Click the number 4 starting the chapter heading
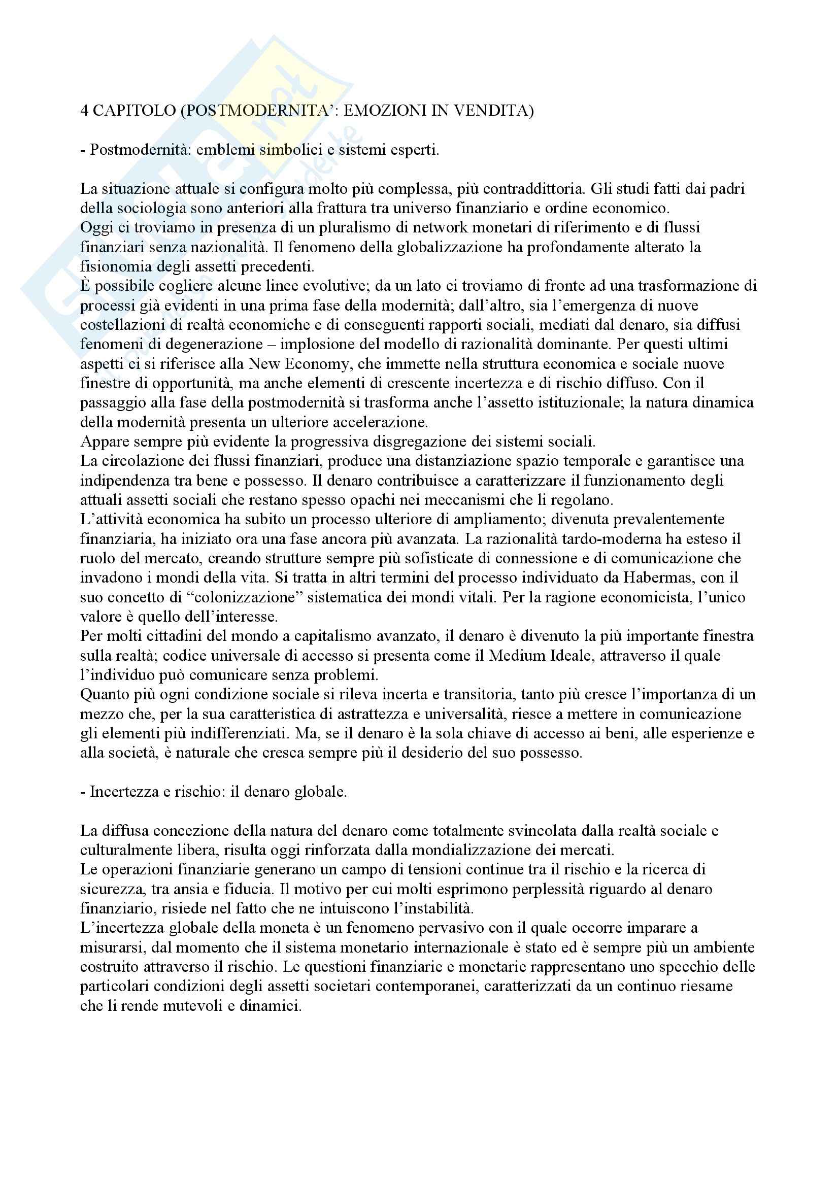tap(84, 112)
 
